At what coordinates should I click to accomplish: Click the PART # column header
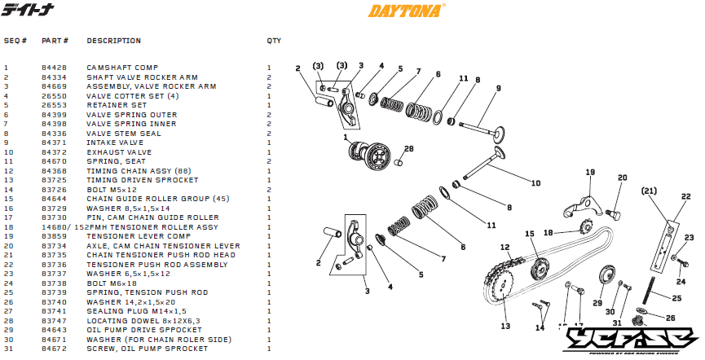coord(55,40)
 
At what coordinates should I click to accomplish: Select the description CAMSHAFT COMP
coord(122,68)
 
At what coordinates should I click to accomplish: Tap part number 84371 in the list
coord(55,143)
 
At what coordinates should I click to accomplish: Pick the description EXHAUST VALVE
coord(119,152)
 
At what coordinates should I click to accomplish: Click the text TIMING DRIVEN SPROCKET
coord(142,180)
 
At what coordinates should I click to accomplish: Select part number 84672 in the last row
coord(55,349)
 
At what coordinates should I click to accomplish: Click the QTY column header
coord(274,40)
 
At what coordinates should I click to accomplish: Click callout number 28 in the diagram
coord(409,149)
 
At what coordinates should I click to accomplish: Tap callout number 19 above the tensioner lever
coord(590,172)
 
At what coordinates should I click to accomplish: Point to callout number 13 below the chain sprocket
coord(505,326)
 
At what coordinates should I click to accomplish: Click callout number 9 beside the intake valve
coord(497,88)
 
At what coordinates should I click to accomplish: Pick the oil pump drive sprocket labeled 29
coord(606,276)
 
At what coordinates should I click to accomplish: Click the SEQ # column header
coord(15,40)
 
